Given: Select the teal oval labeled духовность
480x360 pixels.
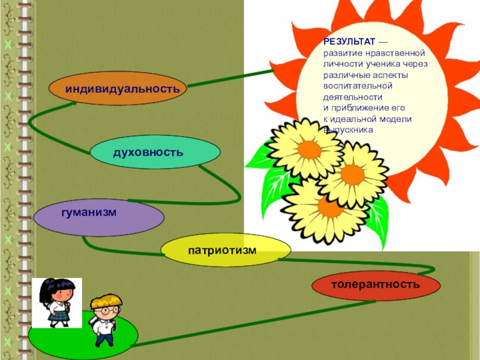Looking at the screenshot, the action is [147, 152].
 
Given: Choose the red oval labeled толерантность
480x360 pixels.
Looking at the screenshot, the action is [376, 284].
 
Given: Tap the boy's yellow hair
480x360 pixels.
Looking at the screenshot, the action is [109, 299].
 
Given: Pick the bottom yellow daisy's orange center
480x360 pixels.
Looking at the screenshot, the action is [329, 208].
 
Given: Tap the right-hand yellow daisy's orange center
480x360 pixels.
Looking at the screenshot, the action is [353, 175].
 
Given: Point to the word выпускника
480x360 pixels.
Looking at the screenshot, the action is [349, 130].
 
